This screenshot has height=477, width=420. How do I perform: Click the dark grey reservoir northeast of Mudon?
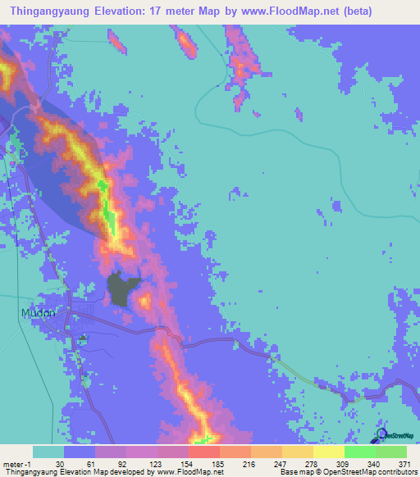124,288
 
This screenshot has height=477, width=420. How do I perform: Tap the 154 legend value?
188,463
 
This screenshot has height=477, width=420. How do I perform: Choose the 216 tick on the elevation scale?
250,463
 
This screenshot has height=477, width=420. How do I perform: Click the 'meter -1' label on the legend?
16,463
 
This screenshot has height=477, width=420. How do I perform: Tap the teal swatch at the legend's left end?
48,452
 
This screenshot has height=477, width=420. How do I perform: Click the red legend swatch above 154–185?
203,452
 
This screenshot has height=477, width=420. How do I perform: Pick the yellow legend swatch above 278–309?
328,452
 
